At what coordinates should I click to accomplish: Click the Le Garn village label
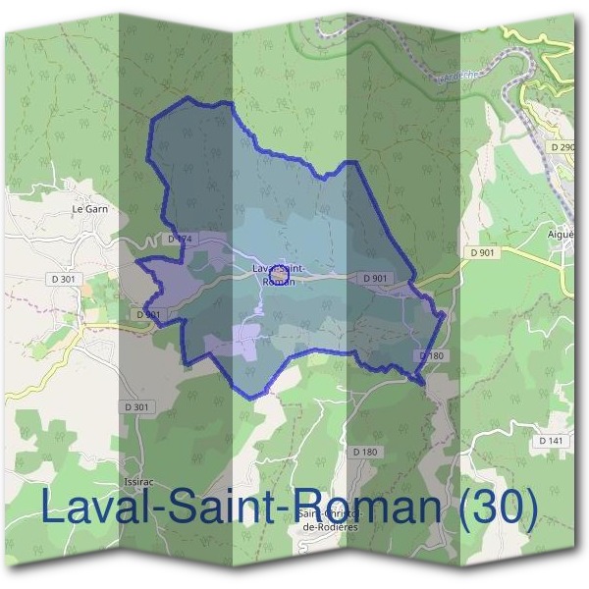tap(89, 209)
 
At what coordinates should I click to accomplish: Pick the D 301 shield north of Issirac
tap(138, 406)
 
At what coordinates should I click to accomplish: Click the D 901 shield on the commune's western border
tap(148, 314)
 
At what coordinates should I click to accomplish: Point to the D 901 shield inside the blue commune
tap(375, 279)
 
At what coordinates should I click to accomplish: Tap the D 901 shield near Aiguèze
tap(483, 253)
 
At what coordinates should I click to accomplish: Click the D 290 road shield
tap(563, 146)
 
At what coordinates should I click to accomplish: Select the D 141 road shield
tap(550, 442)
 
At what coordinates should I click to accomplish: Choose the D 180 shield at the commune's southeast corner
tap(432, 355)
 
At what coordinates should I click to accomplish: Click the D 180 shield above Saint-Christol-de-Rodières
tap(364, 452)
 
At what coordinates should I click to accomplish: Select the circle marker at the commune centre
tap(277, 270)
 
